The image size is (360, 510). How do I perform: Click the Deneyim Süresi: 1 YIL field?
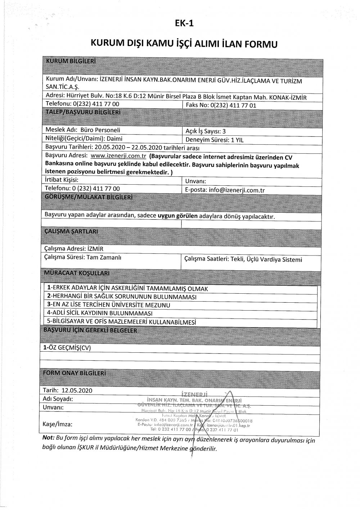point(214,140)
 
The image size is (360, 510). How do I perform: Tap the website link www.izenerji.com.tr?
point(118,157)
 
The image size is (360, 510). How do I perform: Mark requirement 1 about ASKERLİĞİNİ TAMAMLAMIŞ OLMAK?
point(127,289)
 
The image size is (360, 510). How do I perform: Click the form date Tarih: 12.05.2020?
point(68,391)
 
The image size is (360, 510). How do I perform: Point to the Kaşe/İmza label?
point(58,425)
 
